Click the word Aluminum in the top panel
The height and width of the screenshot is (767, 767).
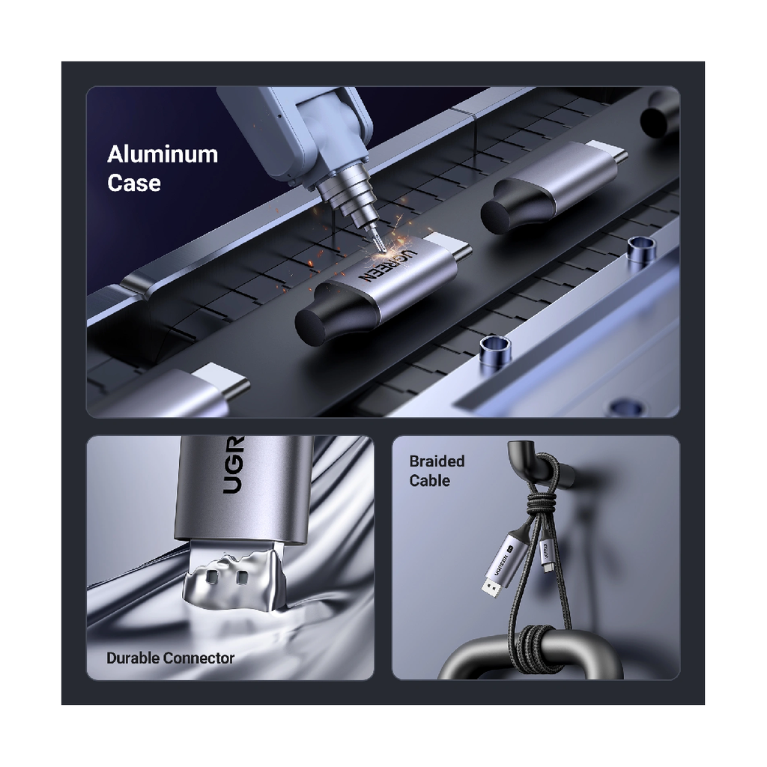pos(163,154)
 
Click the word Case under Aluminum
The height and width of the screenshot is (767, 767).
pos(133,184)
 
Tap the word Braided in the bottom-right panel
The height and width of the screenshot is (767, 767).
pos(437,461)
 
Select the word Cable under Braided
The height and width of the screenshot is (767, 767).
pos(429,480)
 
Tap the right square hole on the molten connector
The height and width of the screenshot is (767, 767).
pos(241,578)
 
